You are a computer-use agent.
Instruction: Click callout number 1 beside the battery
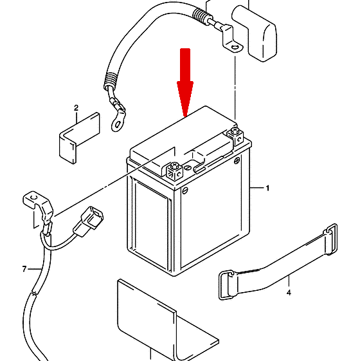(267, 188)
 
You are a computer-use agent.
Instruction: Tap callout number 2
(76, 107)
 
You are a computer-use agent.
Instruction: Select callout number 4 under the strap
(289, 293)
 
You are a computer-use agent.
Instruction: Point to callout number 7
(24, 269)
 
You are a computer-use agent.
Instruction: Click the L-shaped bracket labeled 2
(78, 138)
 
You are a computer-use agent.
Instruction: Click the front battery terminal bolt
(174, 171)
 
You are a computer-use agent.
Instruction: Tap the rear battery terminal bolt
(235, 136)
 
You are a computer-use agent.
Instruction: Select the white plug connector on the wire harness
(88, 221)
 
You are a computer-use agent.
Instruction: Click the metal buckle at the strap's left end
(226, 286)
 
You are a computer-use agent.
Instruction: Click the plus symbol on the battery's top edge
(237, 160)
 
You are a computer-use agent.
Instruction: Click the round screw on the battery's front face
(185, 191)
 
